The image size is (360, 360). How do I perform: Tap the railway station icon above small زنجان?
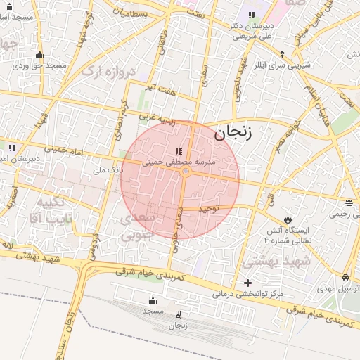[178, 314]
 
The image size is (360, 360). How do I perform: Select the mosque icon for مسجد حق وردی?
[39, 56]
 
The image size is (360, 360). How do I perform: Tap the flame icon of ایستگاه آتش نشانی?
[287, 219]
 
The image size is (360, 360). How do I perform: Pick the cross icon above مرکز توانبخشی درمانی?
[247, 283]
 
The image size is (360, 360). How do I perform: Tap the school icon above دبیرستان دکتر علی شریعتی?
[252, 15]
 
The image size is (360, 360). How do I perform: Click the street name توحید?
[209, 209]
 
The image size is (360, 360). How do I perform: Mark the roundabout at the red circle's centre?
[186, 172]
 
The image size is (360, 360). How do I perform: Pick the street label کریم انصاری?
[122, 116]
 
